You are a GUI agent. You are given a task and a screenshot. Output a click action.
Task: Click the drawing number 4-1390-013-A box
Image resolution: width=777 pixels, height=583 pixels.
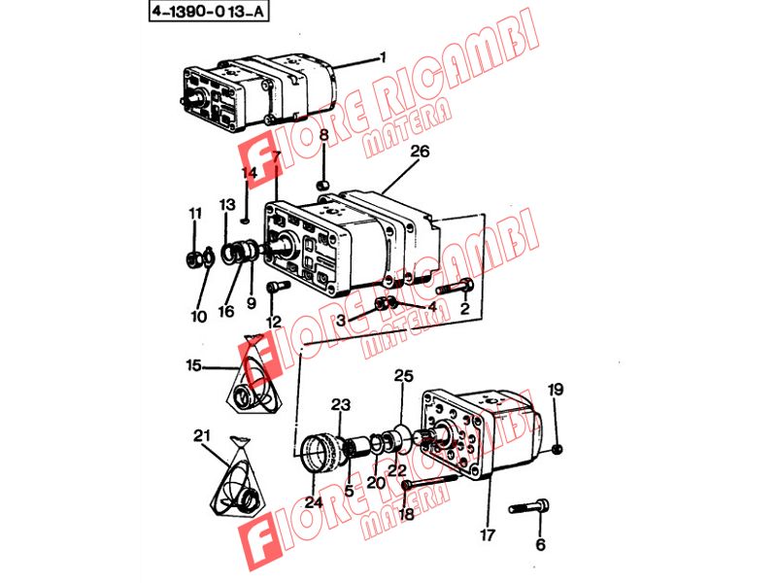tap(209, 12)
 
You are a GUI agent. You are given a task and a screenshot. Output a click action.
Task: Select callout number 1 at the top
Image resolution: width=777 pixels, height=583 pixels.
tap(382, 57)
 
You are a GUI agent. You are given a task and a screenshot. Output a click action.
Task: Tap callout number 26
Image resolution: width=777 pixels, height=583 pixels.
tap(420, 152)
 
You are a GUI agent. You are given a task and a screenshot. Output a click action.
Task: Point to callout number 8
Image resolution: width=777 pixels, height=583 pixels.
tap(323, 134)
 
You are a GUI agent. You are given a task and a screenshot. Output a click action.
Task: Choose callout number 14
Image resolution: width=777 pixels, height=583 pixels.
tap(250, 173)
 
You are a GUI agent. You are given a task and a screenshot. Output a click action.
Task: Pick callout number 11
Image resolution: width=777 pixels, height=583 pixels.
tap(195, 214)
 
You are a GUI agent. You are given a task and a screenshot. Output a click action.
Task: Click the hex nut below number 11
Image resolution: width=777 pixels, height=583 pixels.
tap(191, 258)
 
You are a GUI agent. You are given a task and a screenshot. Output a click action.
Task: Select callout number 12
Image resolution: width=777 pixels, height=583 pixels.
tap(274, 323)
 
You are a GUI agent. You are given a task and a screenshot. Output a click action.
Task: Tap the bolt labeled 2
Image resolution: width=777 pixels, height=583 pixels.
tap(455, 287)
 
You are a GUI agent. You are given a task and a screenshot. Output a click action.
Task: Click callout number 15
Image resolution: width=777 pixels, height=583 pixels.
tap(193, 366)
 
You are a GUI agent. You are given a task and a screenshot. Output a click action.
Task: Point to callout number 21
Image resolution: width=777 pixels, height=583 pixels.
tap(202, 435)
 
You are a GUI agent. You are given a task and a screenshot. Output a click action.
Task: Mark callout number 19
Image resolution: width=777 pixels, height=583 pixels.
tap(556, 390)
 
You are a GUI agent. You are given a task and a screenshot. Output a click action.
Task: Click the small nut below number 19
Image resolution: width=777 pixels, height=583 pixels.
tap(557, 450)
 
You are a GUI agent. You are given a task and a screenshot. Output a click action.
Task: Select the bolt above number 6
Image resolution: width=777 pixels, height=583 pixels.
tap(529, 507)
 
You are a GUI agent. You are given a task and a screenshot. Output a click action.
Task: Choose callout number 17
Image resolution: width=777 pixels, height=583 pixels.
tap(488, 535)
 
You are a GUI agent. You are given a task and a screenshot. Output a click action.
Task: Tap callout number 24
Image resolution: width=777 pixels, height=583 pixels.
tap(314, 502)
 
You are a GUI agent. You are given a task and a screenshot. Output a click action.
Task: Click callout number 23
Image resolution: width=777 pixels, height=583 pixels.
tap(341, 405)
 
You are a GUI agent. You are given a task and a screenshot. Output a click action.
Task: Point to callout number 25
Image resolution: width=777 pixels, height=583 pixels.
tap(403, 376)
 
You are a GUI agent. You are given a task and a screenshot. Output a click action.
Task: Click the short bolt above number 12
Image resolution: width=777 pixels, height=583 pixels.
tap(279, 287)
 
